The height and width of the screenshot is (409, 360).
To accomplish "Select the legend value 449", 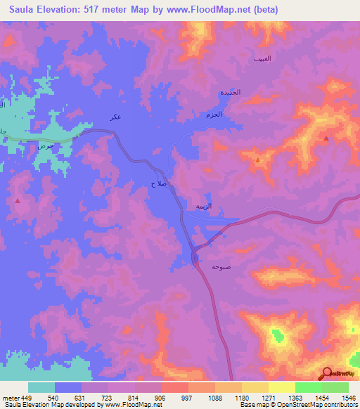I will [27, 397].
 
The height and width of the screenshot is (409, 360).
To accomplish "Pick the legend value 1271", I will [268, 397].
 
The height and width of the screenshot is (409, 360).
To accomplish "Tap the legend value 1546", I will [348, 397].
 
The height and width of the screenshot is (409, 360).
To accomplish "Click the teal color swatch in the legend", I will [41, 387].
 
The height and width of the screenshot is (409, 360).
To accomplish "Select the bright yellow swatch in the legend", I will [282, 387].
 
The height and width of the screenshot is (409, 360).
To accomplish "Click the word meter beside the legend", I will [10, 397].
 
